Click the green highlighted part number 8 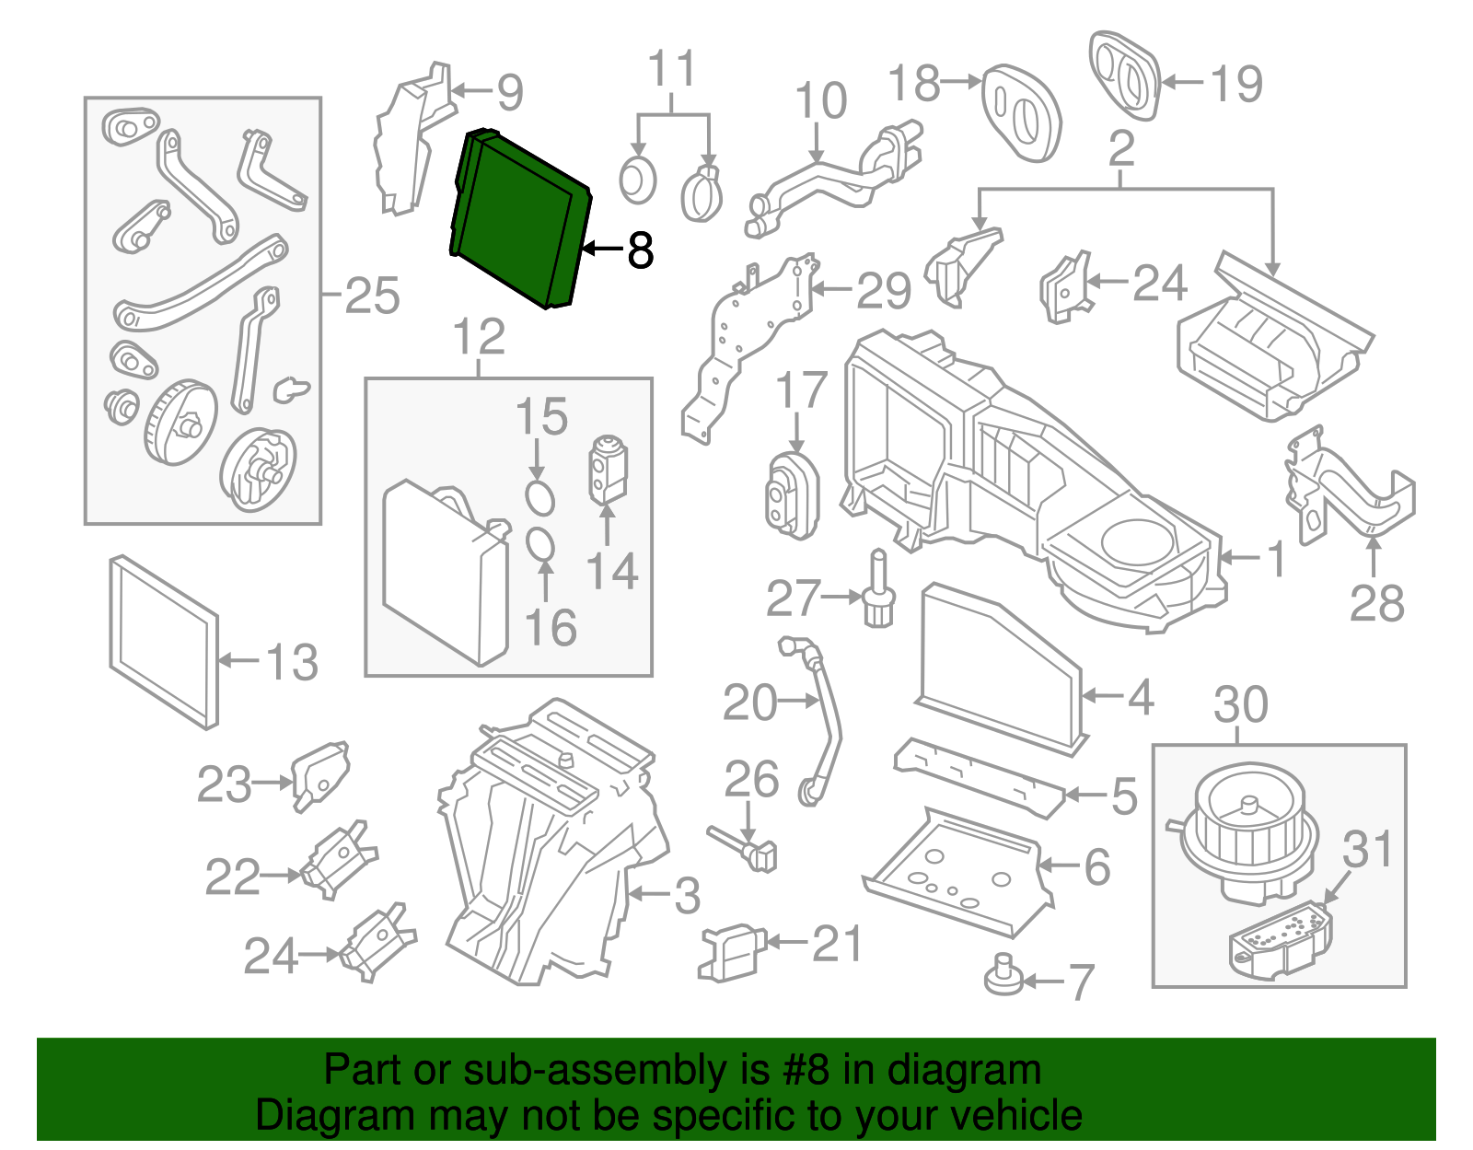pyautogui.click(x=520, y=218)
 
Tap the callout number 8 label pyautogui.click(x=640, y=250)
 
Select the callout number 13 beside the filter pyautogui.click(x=292, y=662)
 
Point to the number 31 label pyautogui.click(x=1367, y=849)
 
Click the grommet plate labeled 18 pyautogui.click(x=1021, y=113)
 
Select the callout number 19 pyautogui.click(x=1236, y=84)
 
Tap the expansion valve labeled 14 pyautogui.click(x=607, y=469)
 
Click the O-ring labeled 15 pyautogui.click(x=540, y=497)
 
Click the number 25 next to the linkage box pyautogui.click(x=372, y=296)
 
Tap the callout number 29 pyautogui.click(x=883, y=291)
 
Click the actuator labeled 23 pyautogui.click(x=319, y=774)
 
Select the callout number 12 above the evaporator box pyautogui.click(x=479, y=337)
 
